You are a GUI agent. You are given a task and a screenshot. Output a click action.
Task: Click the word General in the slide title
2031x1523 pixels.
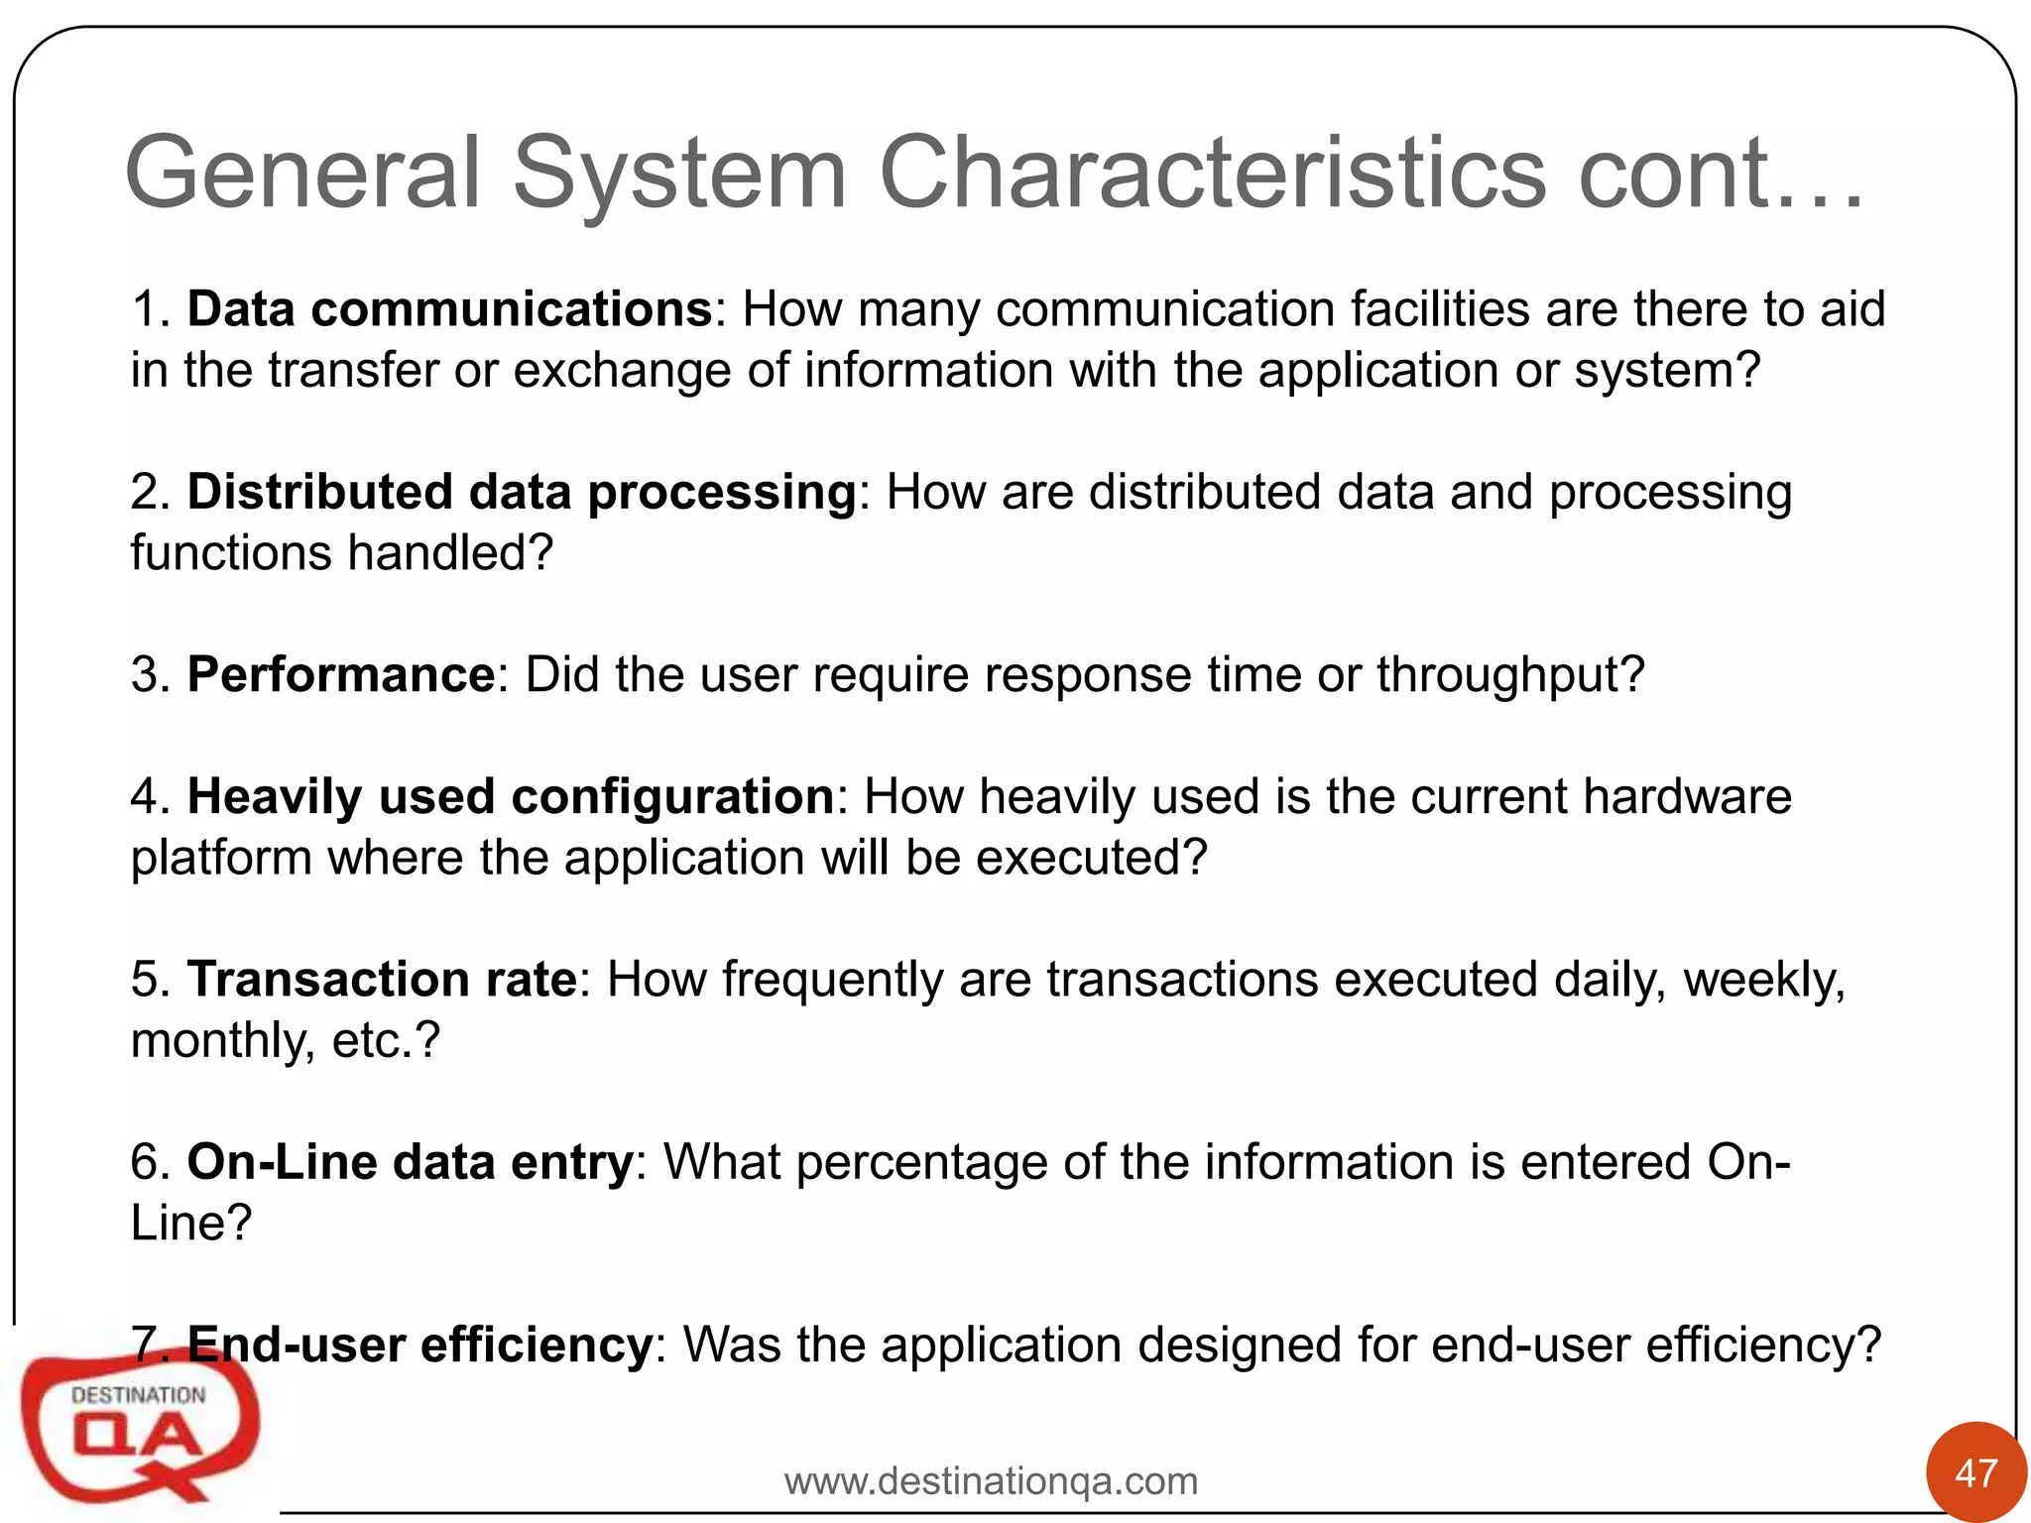click(x=302, y=174)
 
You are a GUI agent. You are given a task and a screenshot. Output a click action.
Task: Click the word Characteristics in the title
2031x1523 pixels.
click(x=1212, y=174)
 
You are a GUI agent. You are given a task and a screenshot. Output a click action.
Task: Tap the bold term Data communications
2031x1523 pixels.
click(x=449, y=309)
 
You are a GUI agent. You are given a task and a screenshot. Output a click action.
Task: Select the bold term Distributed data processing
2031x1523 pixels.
click(x=522, y=492)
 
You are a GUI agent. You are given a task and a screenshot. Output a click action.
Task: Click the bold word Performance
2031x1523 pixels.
click(x=341, y=675)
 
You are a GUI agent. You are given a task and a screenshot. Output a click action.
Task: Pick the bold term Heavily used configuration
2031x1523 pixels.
click(x=511, y=797)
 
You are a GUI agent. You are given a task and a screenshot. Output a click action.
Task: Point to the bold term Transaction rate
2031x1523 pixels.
click(x=383, y=980)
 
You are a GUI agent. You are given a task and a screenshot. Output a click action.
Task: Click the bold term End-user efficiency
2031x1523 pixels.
click(x=419, y=1346)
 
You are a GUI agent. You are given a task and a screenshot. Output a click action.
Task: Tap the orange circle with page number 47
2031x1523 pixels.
click(x=1975, y=1472)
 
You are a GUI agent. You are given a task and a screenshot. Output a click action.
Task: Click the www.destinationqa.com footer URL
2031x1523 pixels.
click(x=991, y=1481)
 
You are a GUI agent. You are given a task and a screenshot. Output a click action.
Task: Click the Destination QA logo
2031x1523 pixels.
click(x=139, y=1423)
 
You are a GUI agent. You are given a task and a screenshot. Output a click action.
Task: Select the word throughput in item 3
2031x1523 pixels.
click(x=1509, y=675)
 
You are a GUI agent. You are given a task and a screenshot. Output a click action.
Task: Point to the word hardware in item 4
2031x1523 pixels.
click(x=1687, y=797)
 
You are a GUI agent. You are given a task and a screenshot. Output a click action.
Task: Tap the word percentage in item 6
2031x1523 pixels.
click(x=921, y=1162)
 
